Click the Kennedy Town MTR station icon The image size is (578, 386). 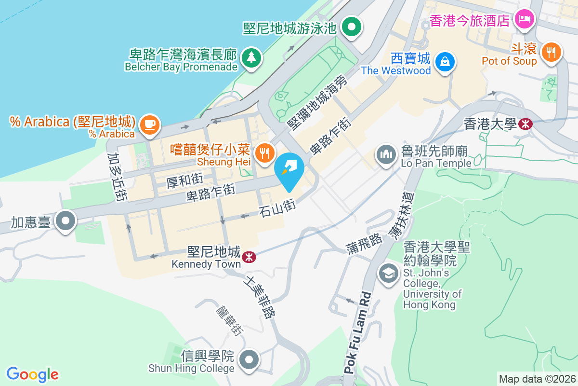click(249, 257)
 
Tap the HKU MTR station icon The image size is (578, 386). click(525, 124)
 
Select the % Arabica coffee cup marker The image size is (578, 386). click(149, 125)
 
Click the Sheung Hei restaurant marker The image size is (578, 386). click(264, 153)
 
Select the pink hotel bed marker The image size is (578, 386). click(523, 20)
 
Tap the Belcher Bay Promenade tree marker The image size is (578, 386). click(250, 57)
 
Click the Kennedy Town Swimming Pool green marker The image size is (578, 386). click(352, 26)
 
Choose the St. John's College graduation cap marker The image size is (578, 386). click(388, 273)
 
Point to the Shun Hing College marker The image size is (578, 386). click(250, 359)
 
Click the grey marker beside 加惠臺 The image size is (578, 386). click(66, 221)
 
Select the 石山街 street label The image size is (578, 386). click(276, 208)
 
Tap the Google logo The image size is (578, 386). click(33, 374)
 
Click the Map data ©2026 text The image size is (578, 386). click(537, 379)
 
